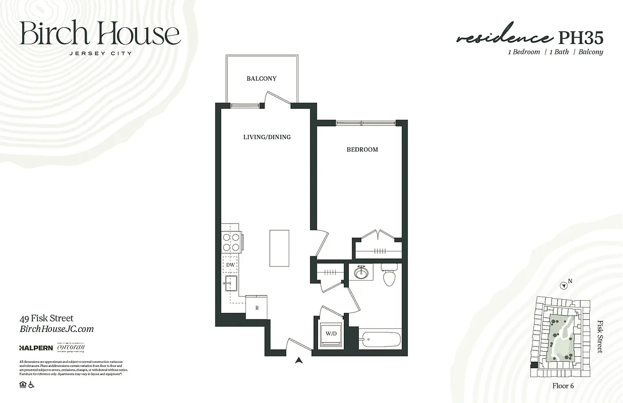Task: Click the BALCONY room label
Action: [x=261, y=79]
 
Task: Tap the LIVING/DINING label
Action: [x=267, y=137]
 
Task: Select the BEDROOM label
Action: [x=362, y=150]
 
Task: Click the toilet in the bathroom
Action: [x=389, y=275]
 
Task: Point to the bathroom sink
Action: [x=360, y=273]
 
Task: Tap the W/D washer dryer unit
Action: [x=331, y=333]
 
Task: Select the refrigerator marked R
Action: [x=257, y=307]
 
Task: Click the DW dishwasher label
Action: [x=230, y=264]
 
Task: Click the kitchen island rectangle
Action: [x=279, y=248]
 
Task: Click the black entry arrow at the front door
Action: [x=299, y=360]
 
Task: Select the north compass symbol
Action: [x=565, y=286]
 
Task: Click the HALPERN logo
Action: [x=36, y=348]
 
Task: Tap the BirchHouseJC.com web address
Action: [x=56, y=329]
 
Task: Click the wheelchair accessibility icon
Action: [x=31, y=385]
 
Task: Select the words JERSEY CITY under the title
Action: [x=100, y=52]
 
